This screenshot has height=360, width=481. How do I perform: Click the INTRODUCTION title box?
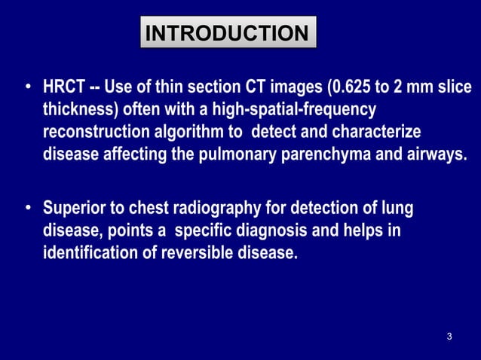pos(228,34)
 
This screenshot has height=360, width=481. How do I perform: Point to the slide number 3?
pos(449,336)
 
